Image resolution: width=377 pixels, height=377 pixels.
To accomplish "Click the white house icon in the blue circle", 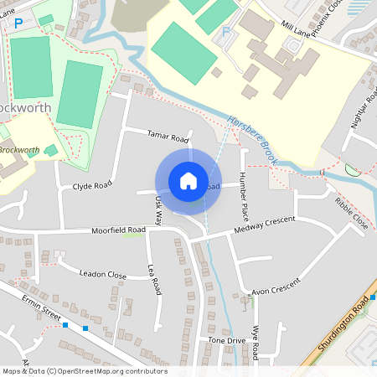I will pos(188,180).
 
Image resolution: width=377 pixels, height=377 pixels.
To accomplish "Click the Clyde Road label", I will pos(91,186).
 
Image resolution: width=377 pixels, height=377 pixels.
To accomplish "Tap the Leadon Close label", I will pos(102,274).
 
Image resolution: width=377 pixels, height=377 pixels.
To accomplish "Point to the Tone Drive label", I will pos(226,341).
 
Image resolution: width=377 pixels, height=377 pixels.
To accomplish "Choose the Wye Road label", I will pos(256,339).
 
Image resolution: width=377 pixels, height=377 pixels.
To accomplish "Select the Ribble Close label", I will pos(351,214).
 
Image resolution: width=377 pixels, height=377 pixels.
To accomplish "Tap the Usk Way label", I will pos(158,210).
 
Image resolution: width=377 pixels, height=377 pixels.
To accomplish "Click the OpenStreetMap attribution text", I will pos(84,371).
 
